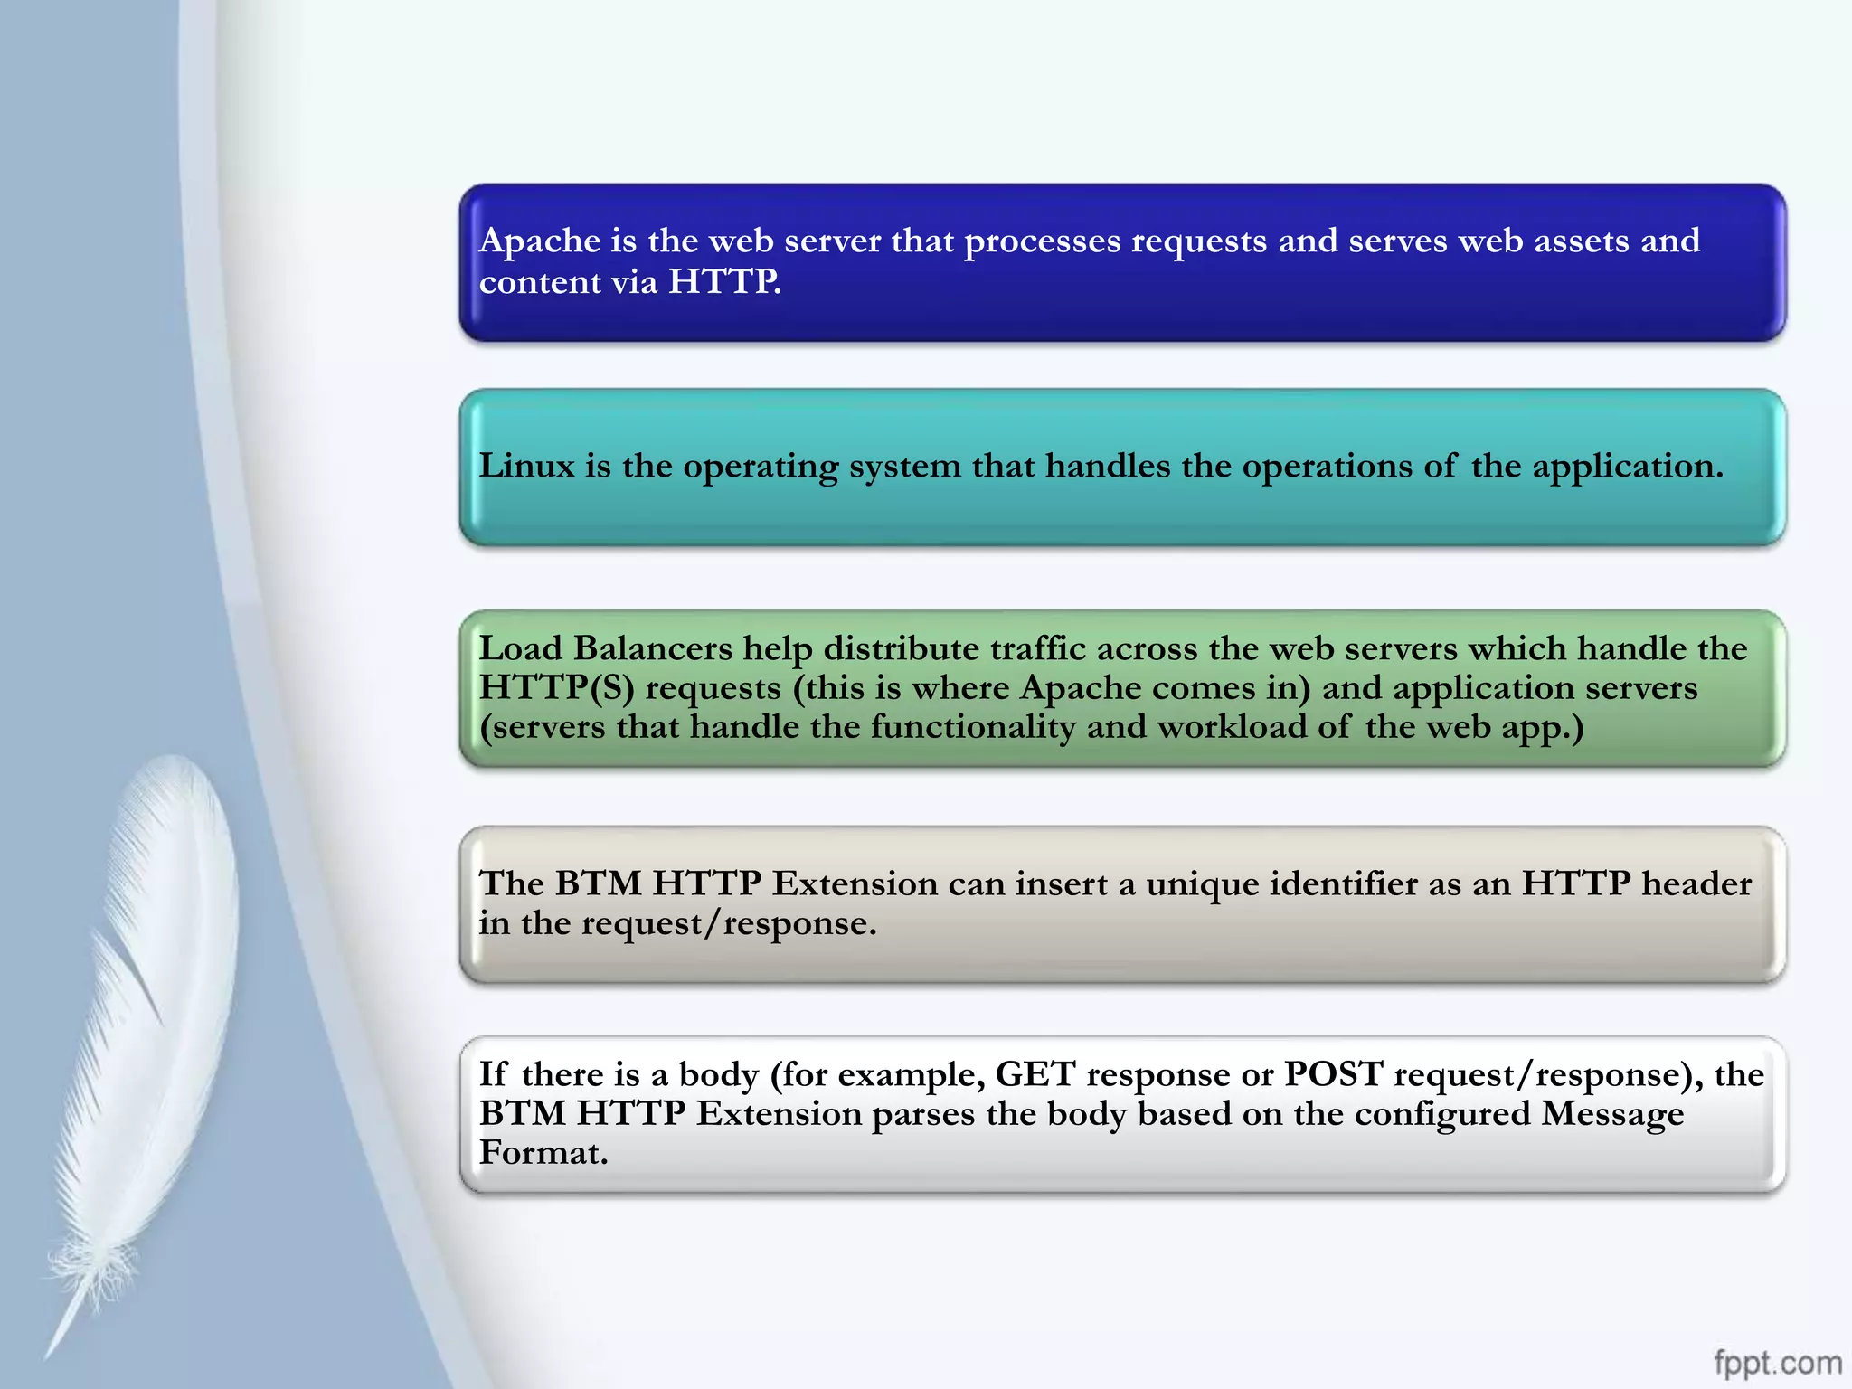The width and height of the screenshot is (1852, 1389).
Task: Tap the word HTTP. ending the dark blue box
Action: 725,282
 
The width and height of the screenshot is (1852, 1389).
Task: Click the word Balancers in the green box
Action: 653,648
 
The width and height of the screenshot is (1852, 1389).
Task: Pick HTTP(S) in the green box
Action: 556,688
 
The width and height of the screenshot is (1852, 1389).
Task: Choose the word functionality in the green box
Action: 973,727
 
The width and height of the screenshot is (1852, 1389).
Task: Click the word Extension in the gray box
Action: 855,883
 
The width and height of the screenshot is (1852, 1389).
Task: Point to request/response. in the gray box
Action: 729,923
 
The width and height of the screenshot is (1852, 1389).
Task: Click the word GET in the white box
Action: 1035,1074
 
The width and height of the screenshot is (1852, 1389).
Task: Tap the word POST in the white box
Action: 1334,1074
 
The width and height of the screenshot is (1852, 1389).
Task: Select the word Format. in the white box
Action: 543,1153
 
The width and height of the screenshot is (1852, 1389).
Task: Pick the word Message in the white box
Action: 1612,1114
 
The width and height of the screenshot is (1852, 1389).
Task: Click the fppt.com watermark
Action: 1777,1362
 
